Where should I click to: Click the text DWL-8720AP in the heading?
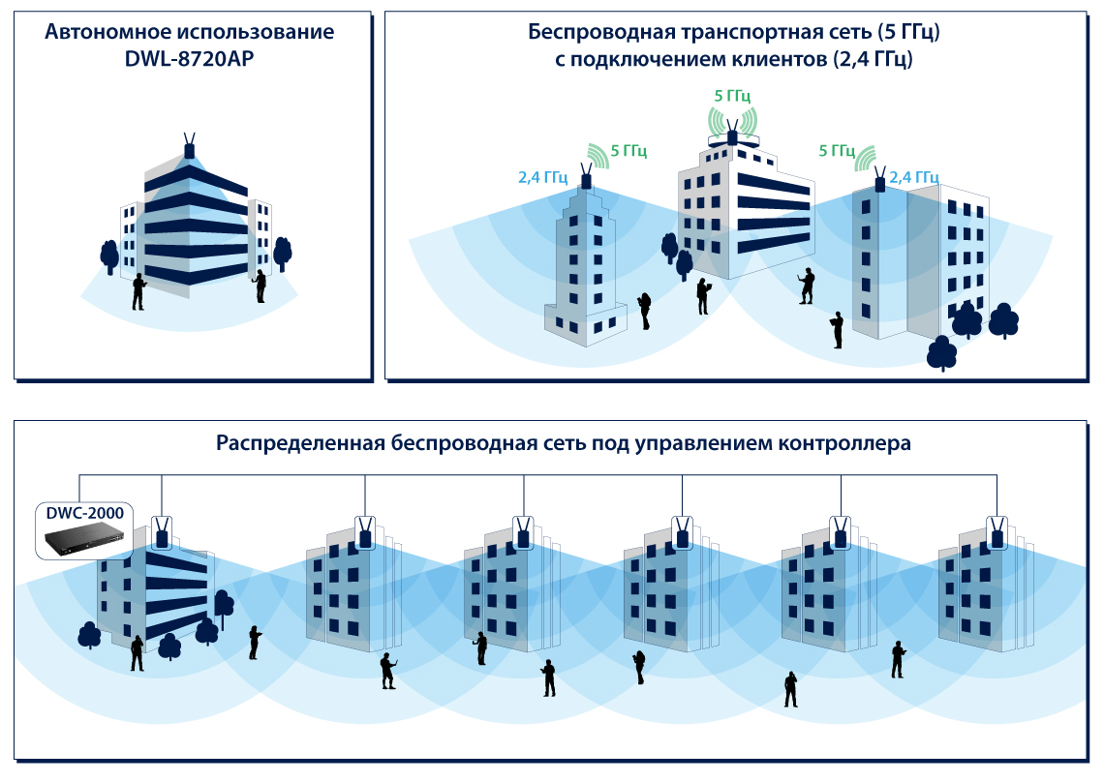pos(190,59)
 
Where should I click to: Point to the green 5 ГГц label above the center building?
pos(732,96)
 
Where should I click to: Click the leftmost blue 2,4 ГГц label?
pos(542,178)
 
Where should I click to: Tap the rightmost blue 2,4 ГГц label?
pos(913,177)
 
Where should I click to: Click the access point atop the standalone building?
pos(190,150)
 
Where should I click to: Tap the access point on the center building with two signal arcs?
pos(732,135)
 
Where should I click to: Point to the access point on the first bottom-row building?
pos(162,535)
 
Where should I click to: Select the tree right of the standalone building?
pos(282,252)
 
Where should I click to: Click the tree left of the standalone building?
pos(109,255)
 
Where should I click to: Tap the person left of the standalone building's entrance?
pos(138,289)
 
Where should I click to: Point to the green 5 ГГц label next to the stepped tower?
pos(629,151)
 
